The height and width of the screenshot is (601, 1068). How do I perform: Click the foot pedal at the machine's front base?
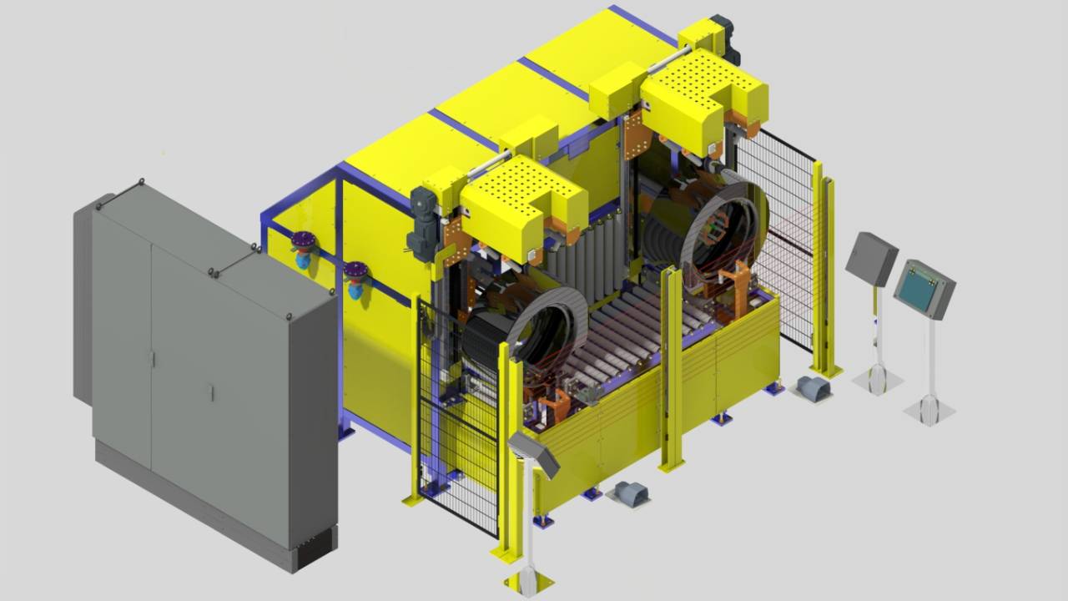click(630, 493)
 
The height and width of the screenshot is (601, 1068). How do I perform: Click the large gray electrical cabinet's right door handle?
click(211, 392)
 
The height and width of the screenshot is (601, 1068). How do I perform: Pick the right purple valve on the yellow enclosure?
click(356, 278)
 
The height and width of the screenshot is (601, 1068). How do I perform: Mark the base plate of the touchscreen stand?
click(929, 410)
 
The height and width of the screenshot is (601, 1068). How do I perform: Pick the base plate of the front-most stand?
click(528, 580)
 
